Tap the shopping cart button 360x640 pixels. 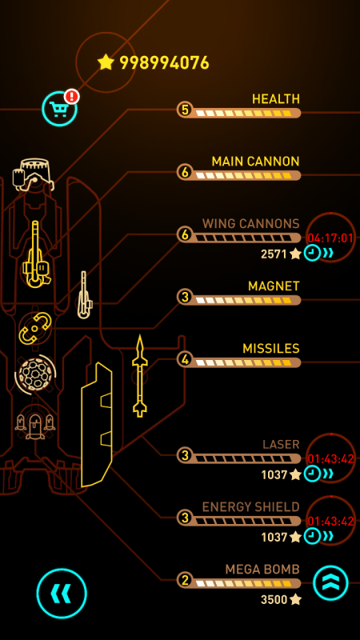[59, 109]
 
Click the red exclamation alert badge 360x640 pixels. [72, 97]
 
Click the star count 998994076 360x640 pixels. [164, 63]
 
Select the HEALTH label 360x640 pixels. [276, 99]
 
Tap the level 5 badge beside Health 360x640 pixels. [185, 110]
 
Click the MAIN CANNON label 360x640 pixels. [255, 162]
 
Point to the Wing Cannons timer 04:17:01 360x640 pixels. [330, 238]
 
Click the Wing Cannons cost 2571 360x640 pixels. [274, 254]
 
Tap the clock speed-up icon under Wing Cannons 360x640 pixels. [312, 254]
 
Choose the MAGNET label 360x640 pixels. [274, 286]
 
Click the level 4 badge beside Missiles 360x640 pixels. [185, 360]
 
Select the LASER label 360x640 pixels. [282, 445]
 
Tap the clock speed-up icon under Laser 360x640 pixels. [312, 474]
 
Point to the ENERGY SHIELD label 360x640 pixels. [251, 507]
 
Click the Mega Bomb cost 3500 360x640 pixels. [274, 599]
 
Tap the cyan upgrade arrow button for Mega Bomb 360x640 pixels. [330, 583]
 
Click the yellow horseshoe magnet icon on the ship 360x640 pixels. [35, 328]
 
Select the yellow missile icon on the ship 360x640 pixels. [139, 376]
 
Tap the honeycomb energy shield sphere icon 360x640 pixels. [35, 374]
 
